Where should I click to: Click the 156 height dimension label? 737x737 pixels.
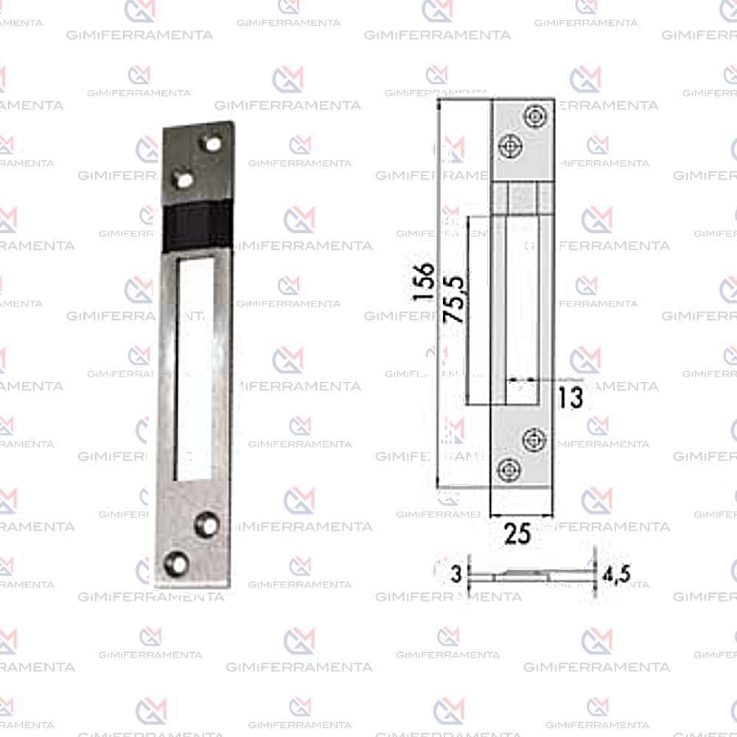pyautogui.click(x=422, y=281)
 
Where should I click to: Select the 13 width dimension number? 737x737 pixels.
pyautogui.click(x=570, y=397)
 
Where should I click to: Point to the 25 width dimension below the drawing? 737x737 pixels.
pyautogui.click(x=517, y=533)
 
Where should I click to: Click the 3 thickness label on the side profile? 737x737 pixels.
pyautogui.click(x=456, y=573)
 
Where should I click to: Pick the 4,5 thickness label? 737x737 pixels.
pyautogui.click(x=617, y=574)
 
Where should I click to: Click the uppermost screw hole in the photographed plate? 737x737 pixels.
pyautogui.click(x=212, y=143)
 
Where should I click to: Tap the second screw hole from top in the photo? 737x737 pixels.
pyautogui.click(x=183, y=178)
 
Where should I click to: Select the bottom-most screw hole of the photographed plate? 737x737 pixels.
pyautogui.click(x=176, y=563)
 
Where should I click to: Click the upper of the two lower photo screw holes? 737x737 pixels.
pyautogui.click(x=207, y=523)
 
